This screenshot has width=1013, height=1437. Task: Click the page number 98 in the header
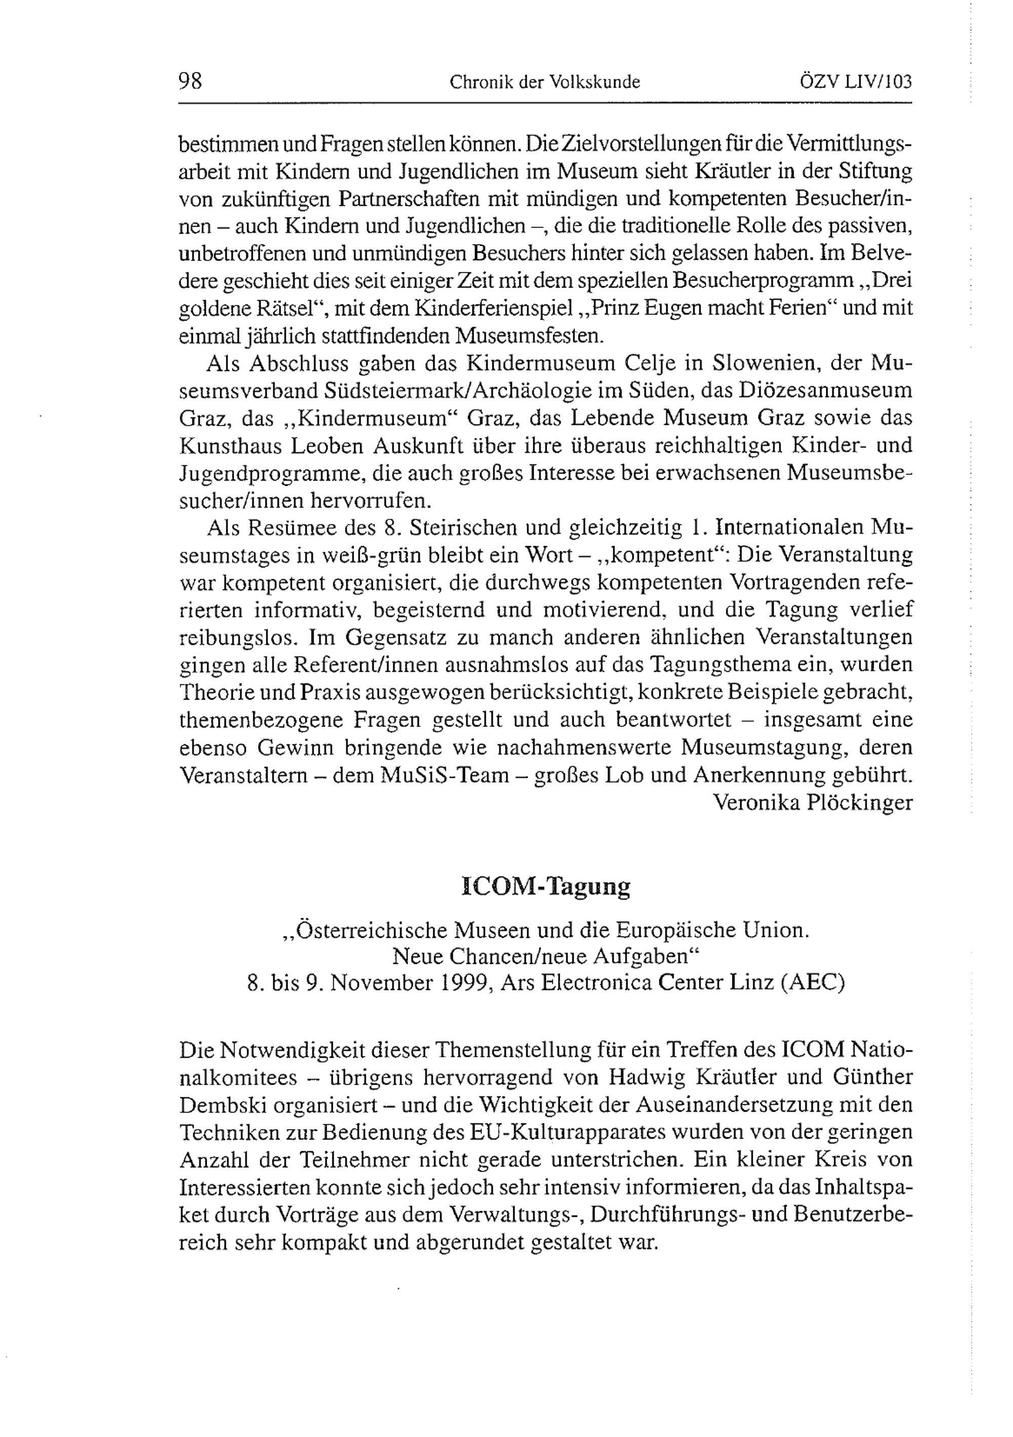(x=190, y=82)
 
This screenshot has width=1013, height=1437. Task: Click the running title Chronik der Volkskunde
(x=544, y=82)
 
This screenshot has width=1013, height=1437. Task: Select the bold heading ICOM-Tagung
(x=546, y=887)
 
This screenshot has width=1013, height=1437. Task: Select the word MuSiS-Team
(x=444, y=775)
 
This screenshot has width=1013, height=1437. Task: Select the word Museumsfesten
(x=529, y=336)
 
